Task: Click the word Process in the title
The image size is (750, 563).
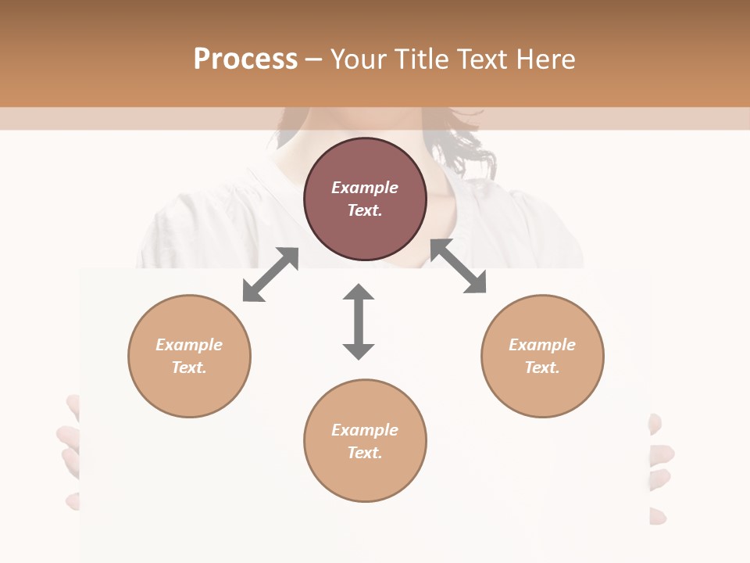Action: [x=245, y=59]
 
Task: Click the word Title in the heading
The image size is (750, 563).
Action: [x=421, y=59]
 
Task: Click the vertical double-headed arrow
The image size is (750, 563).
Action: [x=359, y=321]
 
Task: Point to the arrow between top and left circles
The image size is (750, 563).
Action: [x=270, y=274]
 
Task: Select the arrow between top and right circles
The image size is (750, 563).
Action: [x=459, y=267]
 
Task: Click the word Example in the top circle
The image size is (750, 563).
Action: [x=365, y=188]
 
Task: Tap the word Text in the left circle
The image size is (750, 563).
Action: [x=189, y=368]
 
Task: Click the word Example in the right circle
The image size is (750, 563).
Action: [x=542, y=345]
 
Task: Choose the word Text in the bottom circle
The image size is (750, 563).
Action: [x=365, y=453]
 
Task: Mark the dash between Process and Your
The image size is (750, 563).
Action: [x=314, y=59]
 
